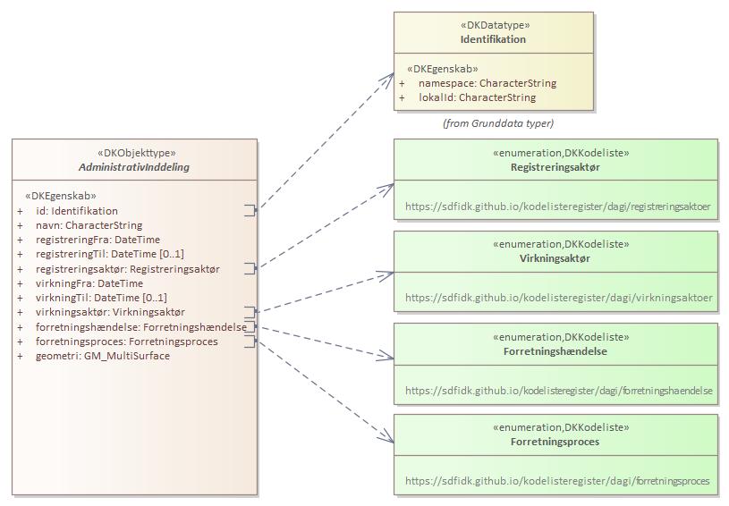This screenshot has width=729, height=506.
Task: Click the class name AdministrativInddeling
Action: tap(134, 167)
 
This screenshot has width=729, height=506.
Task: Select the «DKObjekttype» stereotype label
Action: tap(135, 153)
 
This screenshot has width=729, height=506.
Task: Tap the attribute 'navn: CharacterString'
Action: tap(89, 225)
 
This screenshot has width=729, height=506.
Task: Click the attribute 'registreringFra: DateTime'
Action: tap(97, 240)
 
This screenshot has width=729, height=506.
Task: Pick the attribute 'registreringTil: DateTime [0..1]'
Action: tap(109, 254)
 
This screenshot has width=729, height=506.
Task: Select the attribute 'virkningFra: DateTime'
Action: tap(89, 283)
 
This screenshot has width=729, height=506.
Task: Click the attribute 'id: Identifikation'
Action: tap(76, 211)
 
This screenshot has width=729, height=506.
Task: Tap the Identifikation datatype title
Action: tap(493, 39)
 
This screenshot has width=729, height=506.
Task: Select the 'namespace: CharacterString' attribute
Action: tap(487, 83)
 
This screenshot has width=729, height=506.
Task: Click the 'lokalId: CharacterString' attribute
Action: tap(477, 97)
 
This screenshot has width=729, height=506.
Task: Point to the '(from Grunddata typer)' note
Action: tap(498, 123)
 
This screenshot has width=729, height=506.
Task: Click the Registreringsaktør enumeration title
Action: tap(555, 167)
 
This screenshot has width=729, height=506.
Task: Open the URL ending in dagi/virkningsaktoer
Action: tap(558, 298)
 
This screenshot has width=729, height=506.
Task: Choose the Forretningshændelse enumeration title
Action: tap(555, 351)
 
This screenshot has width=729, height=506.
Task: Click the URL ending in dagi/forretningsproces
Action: tap(556, 481)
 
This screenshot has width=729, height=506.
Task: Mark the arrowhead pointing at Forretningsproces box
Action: tap(387, 438)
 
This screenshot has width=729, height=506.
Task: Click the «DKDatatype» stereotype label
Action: tap(493, 26)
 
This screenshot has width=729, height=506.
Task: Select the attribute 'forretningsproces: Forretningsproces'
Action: tap(126, 342)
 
